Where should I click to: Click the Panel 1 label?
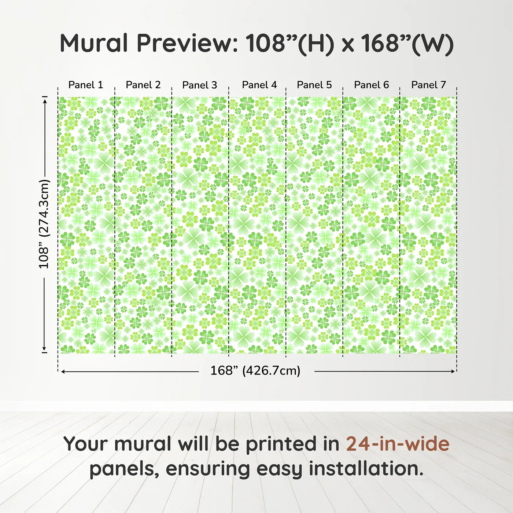click(x=86, y=85)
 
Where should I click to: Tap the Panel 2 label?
click(x=143, y=85)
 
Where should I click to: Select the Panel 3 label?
click(x=200, y=85)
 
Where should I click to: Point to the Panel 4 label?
click(x=259, y=85)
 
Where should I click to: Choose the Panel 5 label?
click(x=314, y=85)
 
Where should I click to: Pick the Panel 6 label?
click(x=371, y=85)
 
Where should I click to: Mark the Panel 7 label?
click(x=428, y=85)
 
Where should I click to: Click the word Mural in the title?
click(x=94, y=43)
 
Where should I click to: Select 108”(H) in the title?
click(x=290, y=43)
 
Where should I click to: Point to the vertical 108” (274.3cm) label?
click(x=44, y=224)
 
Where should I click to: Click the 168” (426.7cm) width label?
click(x=255, y=371)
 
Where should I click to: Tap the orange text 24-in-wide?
click(x=398, y=444)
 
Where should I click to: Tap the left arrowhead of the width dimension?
click(x=63, y=372)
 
